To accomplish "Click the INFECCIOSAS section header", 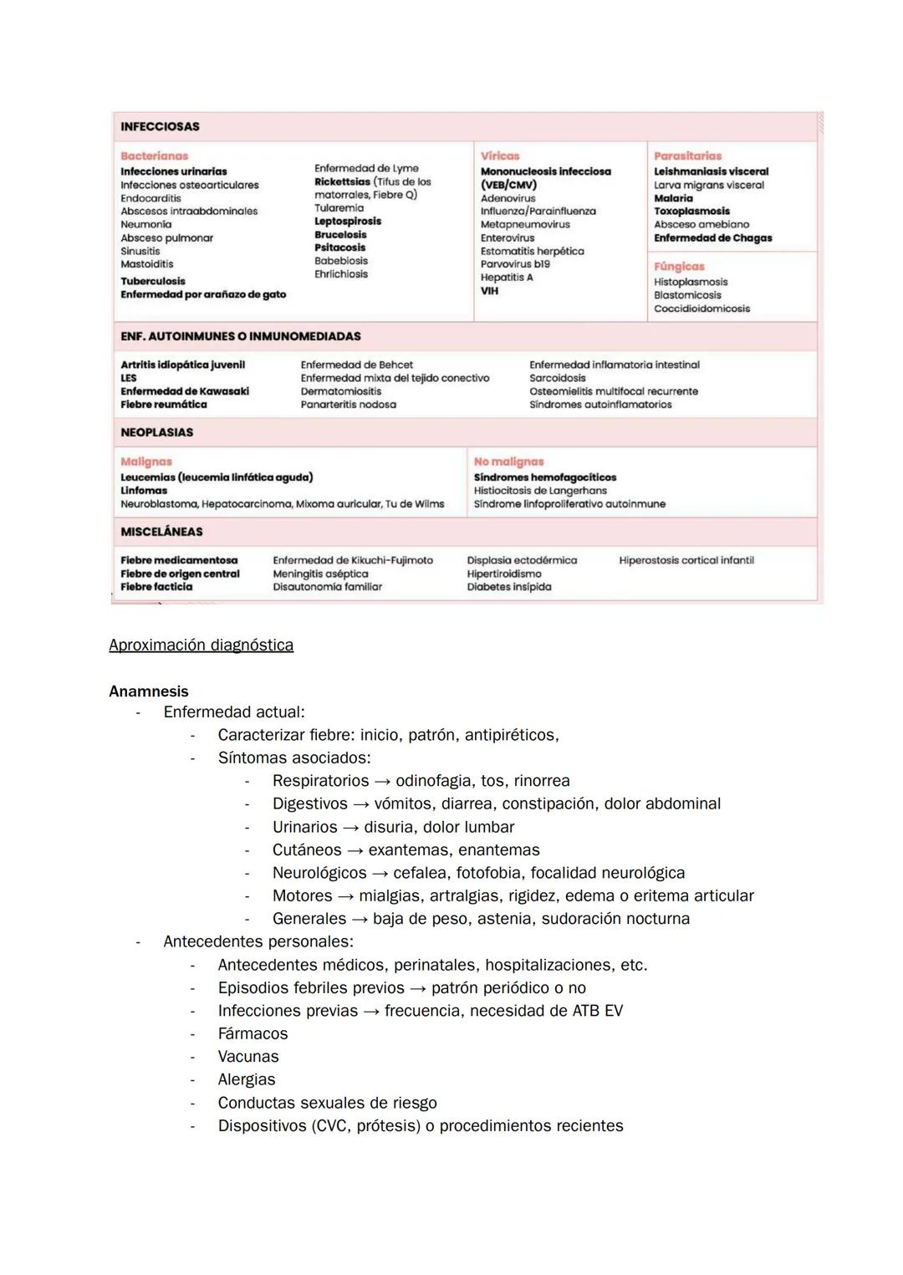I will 160,127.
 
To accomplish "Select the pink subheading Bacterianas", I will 154,156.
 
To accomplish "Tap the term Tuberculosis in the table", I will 153,282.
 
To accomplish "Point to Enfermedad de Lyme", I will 366,168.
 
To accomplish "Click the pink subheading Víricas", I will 500,156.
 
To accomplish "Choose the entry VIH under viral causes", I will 489,291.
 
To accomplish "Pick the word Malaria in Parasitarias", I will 673,198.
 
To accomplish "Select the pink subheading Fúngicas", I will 679,267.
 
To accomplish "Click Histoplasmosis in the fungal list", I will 691,283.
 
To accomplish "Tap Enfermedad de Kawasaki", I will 185,391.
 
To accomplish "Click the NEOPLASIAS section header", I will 156,432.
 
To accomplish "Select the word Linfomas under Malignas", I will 144,491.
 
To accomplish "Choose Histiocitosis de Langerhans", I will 540,491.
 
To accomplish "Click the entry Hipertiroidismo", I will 504,574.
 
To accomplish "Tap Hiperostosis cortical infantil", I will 686,560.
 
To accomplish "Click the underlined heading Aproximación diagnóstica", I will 201,645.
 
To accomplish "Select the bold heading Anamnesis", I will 149,691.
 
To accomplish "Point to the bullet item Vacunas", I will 248,1057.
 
